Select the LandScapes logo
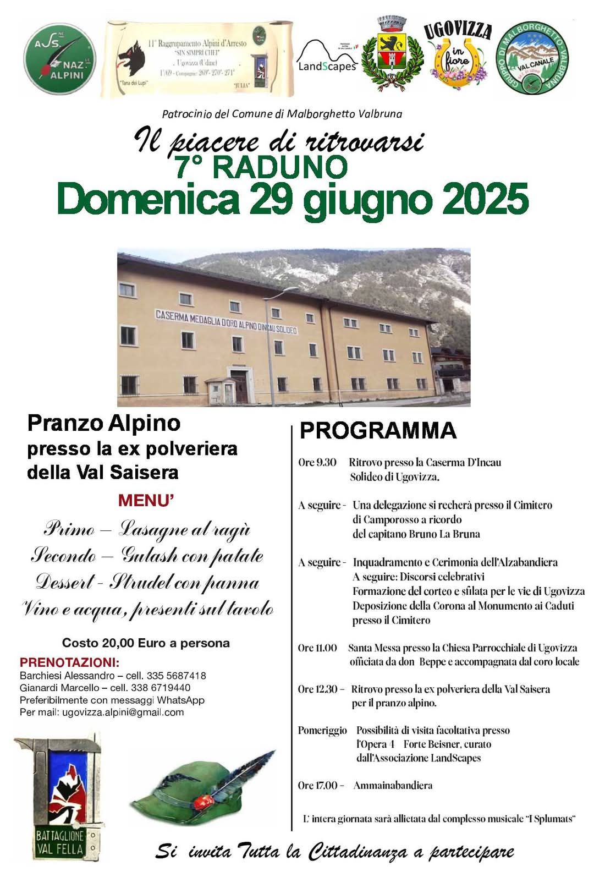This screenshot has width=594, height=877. point(327,58)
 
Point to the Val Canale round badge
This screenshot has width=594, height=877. point(532,59)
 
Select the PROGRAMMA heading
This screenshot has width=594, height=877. point(378,430)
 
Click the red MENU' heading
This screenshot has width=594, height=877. point(146,501)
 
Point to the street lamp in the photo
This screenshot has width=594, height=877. point(269,341)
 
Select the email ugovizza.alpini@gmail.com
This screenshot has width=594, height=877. point(123,712)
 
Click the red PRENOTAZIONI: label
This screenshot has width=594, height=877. point(69,662)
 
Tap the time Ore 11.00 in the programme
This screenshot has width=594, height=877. point(317,648)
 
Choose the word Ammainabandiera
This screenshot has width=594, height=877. point(393,785)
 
